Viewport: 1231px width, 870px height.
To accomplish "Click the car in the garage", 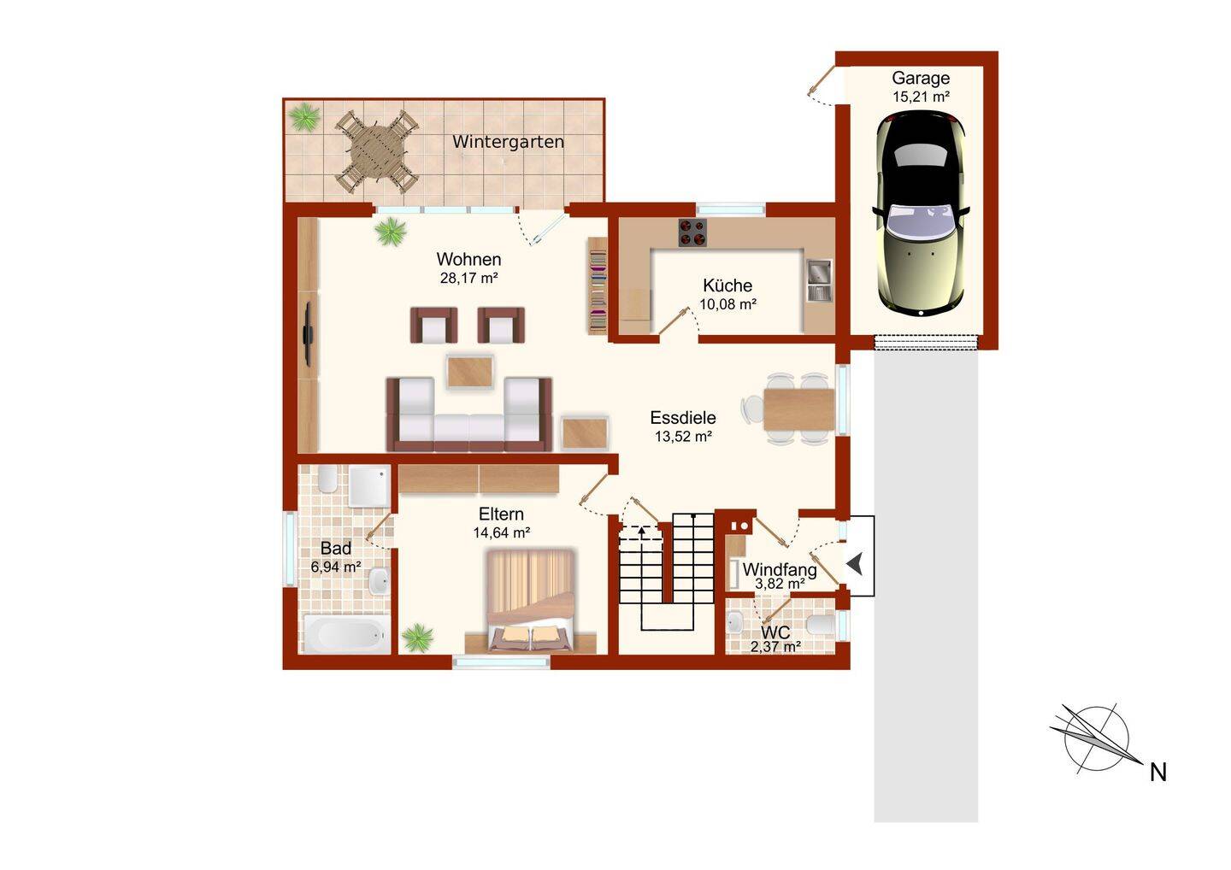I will click(x=921, y=214).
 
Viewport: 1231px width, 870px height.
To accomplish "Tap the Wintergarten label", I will click(x=508, y=142).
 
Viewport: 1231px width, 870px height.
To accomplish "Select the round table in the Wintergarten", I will click(x=377, y=152).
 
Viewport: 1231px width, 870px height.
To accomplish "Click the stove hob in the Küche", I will click(x=693, y=232).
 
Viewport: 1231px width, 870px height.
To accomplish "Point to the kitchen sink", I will click(x=818, y=281).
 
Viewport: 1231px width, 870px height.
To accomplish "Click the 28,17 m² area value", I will click(x=468, y=278).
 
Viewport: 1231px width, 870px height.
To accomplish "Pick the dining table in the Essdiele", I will click(x=798, y=409).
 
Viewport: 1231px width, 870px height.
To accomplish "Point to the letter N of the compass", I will click(x=1157, y=773).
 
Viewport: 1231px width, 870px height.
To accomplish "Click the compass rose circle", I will click(x=1097, y=739).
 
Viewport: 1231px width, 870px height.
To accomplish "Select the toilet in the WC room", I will click(x=822, y=625).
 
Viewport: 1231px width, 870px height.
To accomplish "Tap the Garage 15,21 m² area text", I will click(x=921, y=97).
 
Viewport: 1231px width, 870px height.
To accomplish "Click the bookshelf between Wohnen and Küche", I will click(x=598, y=285).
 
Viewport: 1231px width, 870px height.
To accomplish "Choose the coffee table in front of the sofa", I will click(x=469, y=372).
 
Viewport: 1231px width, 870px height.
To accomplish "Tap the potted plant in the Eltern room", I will click(x=418, y=637).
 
